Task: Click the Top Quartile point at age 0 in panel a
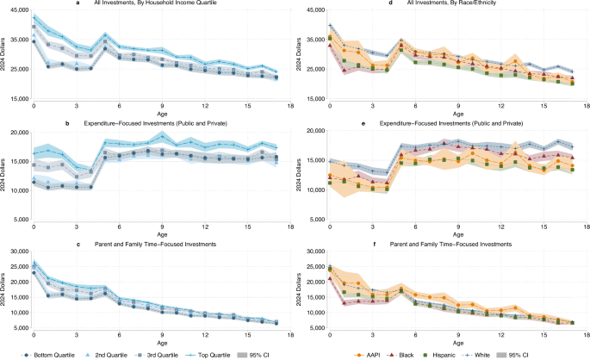34,17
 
